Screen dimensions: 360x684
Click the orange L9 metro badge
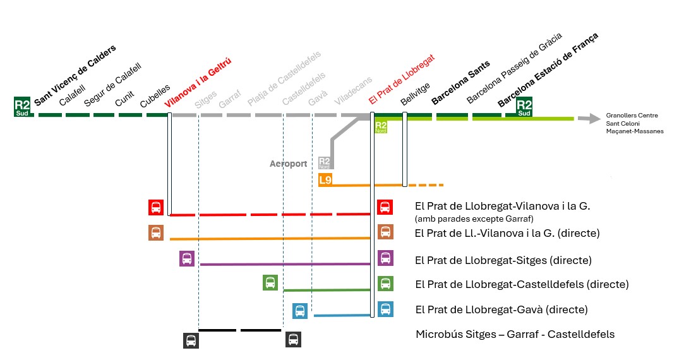click(x=325, y=180)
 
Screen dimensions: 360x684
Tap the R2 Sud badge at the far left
click(x=22, y=107)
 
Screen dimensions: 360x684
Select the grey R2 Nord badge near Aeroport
click(x=325, y=164)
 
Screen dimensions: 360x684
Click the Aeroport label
click(x=288, y=164)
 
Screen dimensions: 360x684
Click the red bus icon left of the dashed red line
click(x=156, y=207)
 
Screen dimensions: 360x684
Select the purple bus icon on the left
click(x=186, y=258)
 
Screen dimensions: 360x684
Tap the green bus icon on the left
click(x=270, y=282)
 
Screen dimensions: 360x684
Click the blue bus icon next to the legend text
click(x=385, y=309)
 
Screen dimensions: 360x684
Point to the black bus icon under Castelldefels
click(x=293, y=340)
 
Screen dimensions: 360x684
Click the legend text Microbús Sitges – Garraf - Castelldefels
click(x=515, y=334)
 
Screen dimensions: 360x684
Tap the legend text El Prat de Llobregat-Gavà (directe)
click(x=501, y=309)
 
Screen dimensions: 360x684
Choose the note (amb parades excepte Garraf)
click(x=474, y=219)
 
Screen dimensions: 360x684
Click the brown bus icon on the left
click(x=156, y=232)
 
